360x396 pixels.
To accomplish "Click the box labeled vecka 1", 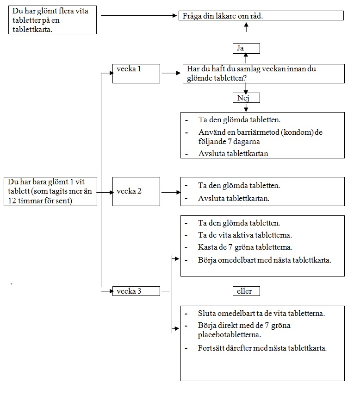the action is tap(136, 74).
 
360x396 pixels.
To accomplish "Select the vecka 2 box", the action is tap(136, 191).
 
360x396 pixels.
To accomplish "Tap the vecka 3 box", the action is tap(136, 291).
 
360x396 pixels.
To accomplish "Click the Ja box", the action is tap(246, 48).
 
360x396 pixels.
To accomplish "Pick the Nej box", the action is tap(246, 98).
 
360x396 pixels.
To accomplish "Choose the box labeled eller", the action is tap(246, 291).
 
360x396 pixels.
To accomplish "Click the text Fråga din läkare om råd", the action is tap(223, 16).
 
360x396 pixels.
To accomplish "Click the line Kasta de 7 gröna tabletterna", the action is tap(245, 247).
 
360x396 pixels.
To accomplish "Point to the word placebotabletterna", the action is tap(230, 335).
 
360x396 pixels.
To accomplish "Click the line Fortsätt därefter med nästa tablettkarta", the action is tap(262, 348).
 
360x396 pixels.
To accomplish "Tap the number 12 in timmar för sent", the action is tap(12, 201).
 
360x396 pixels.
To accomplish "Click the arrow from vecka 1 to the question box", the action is tap(171, 73).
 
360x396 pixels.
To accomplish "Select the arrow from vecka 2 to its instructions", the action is tap(171, 193).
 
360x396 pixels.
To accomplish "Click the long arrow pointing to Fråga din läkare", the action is tap(139, 16).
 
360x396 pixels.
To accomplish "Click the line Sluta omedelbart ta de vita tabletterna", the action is tap(261, 314).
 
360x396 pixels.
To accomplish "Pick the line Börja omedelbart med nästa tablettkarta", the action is tap(265, 260).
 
